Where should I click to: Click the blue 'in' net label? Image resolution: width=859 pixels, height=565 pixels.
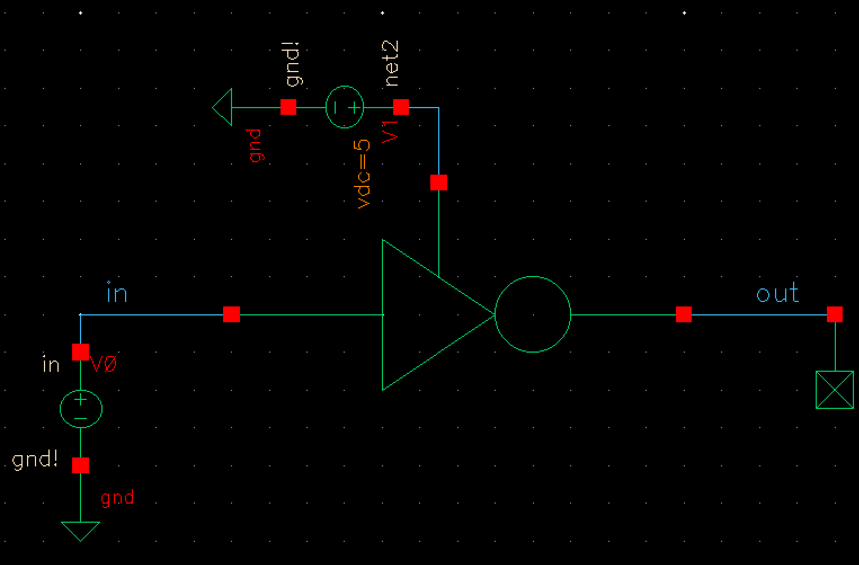pyautogui.click(x=117, y=294)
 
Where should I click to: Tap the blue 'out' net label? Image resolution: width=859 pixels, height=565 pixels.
pyautogui.click(x=777, y=293)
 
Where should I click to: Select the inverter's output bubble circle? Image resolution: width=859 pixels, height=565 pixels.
pyautogui.click(x=533, y=314)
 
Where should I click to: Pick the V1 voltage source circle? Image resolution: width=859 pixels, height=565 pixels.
pyautogui.click(x=345, y=107)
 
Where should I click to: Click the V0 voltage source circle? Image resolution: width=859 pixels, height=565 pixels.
pyautogui.click(x=81, y=408)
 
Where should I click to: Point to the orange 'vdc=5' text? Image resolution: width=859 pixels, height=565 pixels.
pyautogui.click(x=364, y=173)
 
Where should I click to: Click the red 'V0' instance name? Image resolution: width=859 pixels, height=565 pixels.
pyautogui.click(x=104, y=365)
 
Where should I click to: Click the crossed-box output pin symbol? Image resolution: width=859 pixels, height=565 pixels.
pyautogui.click(x=835, y=389)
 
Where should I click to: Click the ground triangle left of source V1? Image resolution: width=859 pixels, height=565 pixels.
pyautogui.click(x=223, y=107)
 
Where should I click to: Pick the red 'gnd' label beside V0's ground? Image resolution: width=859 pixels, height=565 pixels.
pyautogui.click(x=117, y=497)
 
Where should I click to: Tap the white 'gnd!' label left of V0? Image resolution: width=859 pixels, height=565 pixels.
pyautogui.click(x=35, y=460)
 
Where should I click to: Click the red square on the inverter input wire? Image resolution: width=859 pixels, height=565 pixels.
pyautogui.click(x=232, y=314)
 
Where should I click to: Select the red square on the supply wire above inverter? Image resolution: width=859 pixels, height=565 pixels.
pyautogui.click(x=439, y=183)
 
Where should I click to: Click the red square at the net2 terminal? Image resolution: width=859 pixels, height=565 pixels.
pyautogui.click(x=400, y=106)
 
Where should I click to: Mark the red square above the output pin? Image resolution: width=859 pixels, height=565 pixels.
pyautogui.click(x=835, y=314)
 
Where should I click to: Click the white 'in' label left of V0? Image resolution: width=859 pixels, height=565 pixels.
pyautogui.click(x=51, y=365)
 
